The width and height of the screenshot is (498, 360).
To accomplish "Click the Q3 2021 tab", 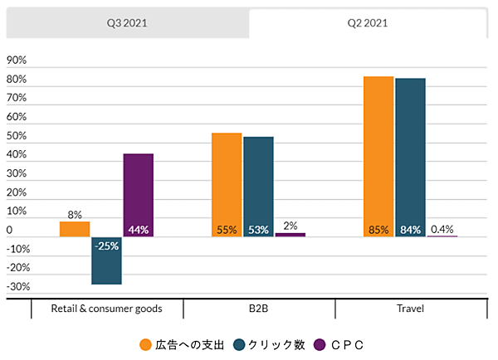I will click(127, 23).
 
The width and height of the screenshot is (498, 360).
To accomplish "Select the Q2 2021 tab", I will click(370, 23).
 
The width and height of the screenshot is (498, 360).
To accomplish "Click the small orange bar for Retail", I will click(75, 229).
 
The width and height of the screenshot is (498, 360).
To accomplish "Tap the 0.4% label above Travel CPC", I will click(442, 229).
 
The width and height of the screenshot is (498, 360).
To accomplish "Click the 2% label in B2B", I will click(290, 226).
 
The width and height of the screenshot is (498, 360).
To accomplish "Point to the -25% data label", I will click(106, 246).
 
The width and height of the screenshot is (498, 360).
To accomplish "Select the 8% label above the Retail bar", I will click(75, 215).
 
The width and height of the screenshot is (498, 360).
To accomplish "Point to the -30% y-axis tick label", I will click(18, 287).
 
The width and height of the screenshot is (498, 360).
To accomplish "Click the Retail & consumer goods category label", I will click(106, 309).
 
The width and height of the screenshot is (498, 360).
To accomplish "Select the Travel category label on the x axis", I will click(410, 309).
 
